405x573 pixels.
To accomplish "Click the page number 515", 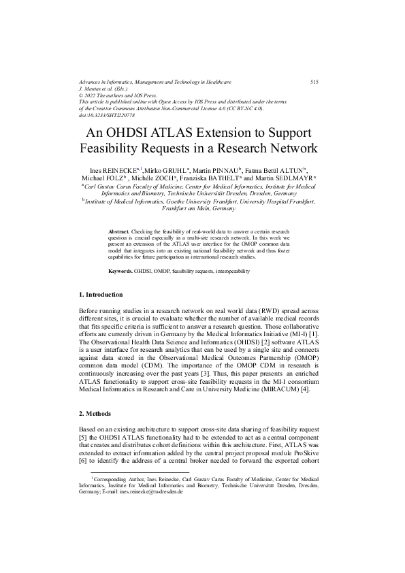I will coord(314,82).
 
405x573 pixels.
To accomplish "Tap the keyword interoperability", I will coord(229,271).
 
